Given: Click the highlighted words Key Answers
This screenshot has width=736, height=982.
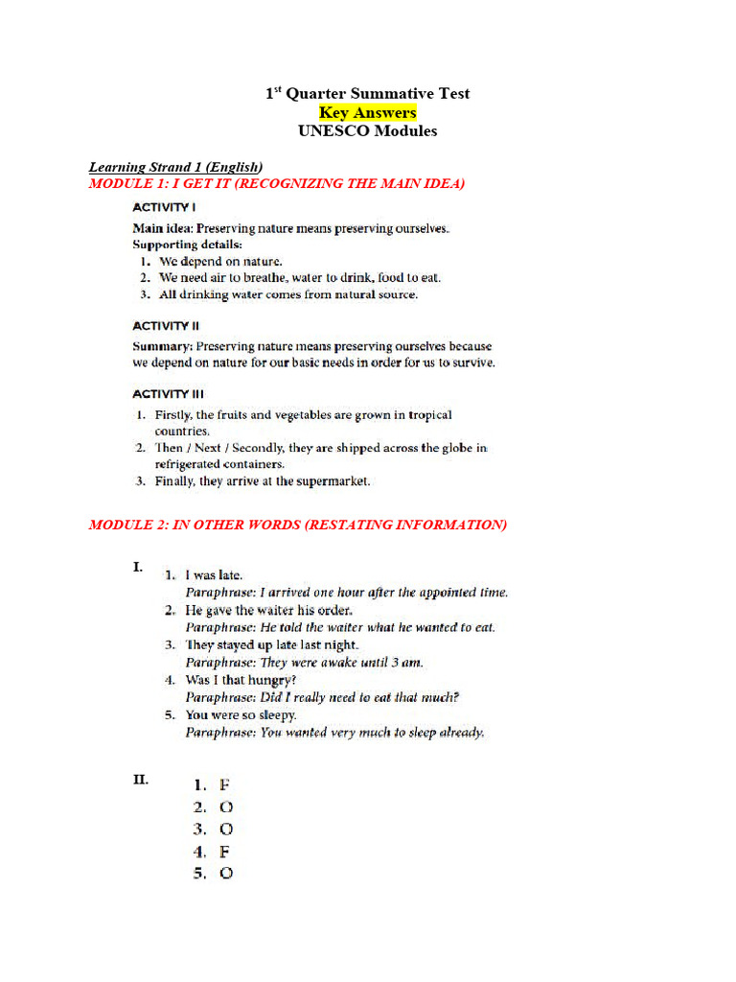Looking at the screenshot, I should click(x=367, y=112).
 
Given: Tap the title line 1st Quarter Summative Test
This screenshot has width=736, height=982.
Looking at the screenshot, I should click(x=367, y=93).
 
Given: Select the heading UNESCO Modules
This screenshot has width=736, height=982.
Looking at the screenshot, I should click(x=367, y=131).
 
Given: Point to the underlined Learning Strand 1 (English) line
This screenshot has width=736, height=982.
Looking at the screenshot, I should click(x=175, y=167).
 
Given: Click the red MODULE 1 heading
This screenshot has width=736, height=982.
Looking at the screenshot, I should click(x=277, y=183).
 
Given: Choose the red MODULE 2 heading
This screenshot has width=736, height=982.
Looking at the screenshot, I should click(x=297, y=525).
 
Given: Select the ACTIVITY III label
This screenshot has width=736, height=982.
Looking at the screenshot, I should click(x=168, y=393).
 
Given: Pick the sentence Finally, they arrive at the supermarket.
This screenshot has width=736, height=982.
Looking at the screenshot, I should click(x=262, y=481).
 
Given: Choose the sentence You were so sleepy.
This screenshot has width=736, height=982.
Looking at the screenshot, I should click(x=241, y=714).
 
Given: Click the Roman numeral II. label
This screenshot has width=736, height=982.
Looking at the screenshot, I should click(x=141, y=780).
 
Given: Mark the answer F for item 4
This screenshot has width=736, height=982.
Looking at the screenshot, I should click(x=225, y=852).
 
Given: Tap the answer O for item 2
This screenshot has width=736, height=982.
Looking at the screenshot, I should click(x=226, y=807).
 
